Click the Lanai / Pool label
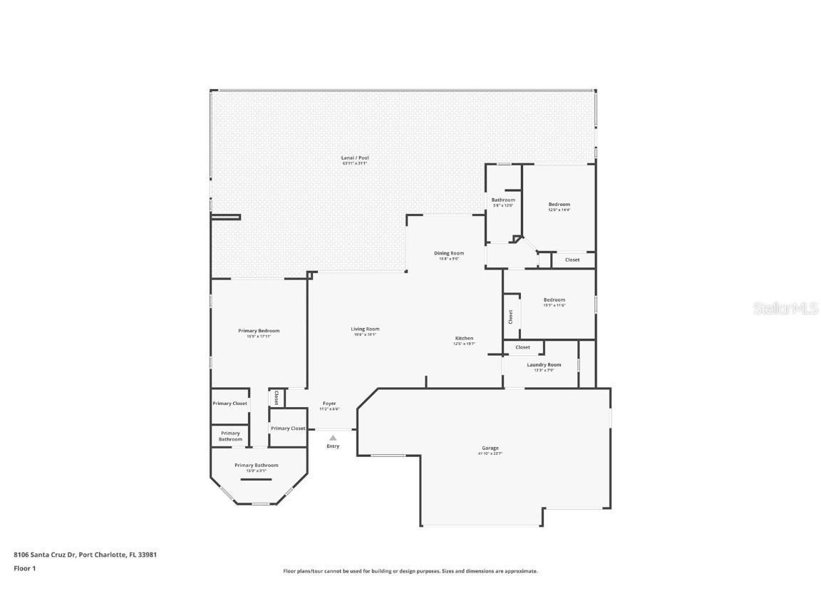[x=354, y=158]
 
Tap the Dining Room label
[x=449, y=253]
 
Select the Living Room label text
[x=365, y=329]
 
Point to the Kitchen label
[x=464, y=338]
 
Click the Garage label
[x=490, y=448]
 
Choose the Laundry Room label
[x=544, y=364]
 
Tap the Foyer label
[x=329, y=404]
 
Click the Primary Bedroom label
[x=259, y=331]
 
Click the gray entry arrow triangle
[x=333, y=438]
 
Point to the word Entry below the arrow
[x=333, y=446]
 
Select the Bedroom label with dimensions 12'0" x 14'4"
[x=559, y=205]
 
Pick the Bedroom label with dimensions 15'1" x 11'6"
[x=554, y=299]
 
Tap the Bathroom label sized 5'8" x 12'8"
[x=503, y=200]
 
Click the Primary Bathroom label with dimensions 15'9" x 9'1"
[x=257, y=466]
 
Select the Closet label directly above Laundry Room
[x=522, y=347]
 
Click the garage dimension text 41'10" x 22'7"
[x=490, y=453]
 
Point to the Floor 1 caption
[x=24, y=568]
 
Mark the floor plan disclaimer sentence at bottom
[x=410, y=571]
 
